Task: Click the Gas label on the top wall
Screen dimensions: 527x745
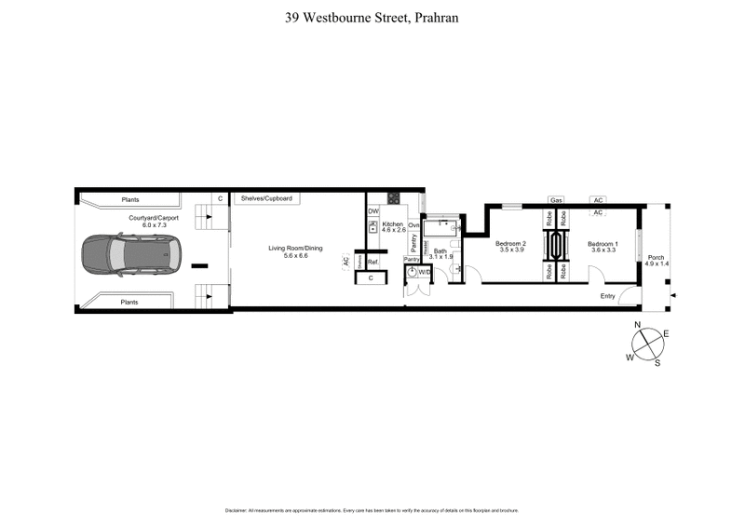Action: [x=556, y=200]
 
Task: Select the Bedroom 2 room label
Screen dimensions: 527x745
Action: [x=511, y=246]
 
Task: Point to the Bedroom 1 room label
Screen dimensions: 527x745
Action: [x=602, y=246]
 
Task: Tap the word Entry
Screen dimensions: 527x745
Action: [x=608, y=296]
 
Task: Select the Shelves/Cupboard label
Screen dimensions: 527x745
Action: [x=267, y=198]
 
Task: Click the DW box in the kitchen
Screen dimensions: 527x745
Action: [x=372, y=211]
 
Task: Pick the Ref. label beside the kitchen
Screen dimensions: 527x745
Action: [x=372, y=262]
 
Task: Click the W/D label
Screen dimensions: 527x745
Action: [x=425, y=272]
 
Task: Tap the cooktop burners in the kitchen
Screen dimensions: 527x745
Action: [x=393, y=198]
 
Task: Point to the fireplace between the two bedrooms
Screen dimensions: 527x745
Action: [x=557, y=246]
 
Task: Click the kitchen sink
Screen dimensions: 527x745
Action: [x=372, y=227]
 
